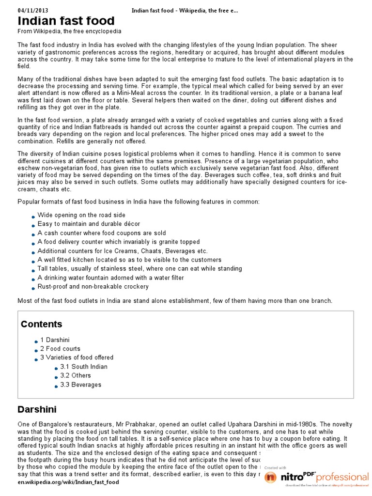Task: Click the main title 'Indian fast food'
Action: [66, 21]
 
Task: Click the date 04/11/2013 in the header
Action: [33, 10]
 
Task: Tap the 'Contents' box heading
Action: [41, 324]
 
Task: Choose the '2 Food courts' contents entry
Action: [60, 349]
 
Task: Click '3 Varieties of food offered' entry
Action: [77, 357]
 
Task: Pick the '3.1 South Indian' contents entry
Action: [84, 367]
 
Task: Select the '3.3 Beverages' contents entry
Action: [80, 385]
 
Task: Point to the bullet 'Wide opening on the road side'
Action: [81, 215]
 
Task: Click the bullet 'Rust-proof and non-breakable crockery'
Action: [93, 286]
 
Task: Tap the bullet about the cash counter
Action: [102, 233]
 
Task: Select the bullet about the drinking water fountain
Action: [110, 278]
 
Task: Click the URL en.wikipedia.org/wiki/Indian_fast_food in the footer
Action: [68, 482]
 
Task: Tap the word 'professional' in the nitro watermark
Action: [341, 477]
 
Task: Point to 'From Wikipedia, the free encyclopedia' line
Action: [69, 31]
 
